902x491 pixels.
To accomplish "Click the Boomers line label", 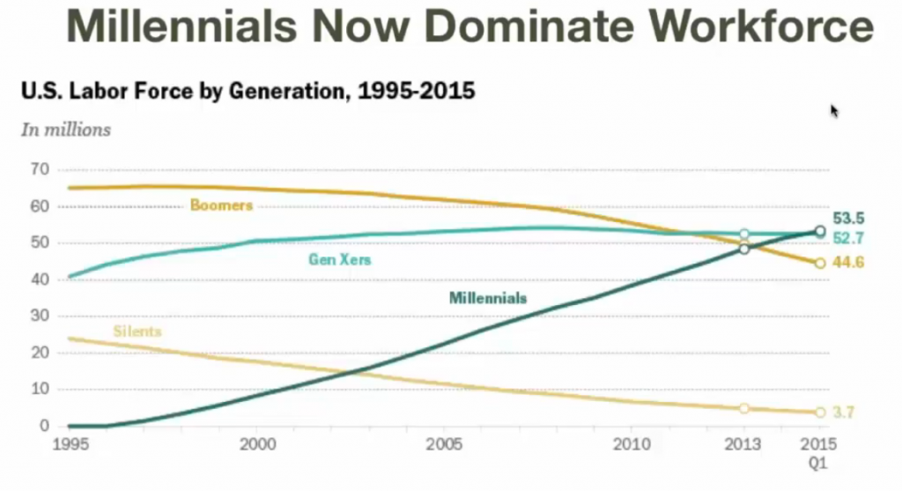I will click(x=221, y=205).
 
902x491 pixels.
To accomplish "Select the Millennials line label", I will click(x=487, y=298).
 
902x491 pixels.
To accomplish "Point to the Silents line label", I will click(x=137, y=331).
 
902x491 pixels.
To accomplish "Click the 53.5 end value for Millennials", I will click(x=848, y=219).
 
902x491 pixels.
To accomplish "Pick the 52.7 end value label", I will click(x=848, y=236).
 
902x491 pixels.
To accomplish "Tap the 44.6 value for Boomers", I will click(x=848, y=263).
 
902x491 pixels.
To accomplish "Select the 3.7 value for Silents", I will click(x=844, y=412).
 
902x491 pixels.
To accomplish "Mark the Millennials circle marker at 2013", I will click(x=744, y=249).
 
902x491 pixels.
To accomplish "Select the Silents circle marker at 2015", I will click(x=820, y=413).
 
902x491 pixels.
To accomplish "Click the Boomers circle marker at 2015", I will click(x=820, y=263).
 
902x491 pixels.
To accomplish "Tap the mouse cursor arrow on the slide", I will click(x=834, y=110).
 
